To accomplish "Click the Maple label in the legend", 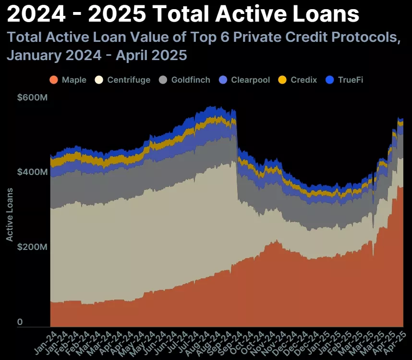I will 74,80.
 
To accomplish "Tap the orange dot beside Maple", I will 54,80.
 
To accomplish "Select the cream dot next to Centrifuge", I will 99,80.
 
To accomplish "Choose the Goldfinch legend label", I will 191,80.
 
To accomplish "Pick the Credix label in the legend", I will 304,80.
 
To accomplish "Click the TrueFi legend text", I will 351,80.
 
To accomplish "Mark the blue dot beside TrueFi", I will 330,80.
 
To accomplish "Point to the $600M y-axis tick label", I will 32,97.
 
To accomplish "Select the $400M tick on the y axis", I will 32,172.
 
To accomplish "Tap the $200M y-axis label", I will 32,247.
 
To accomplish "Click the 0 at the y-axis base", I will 20,322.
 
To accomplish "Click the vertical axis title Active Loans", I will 9,214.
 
